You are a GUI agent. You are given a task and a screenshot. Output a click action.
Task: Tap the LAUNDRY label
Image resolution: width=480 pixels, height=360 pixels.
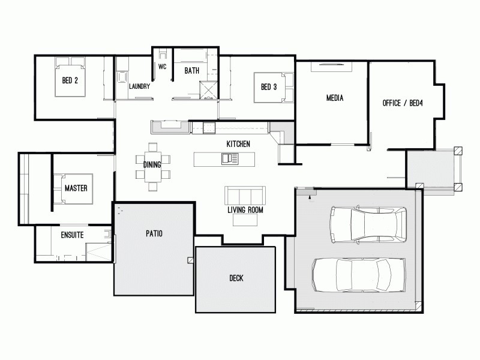click(139, 86)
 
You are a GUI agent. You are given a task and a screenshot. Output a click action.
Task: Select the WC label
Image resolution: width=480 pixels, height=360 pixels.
click(162, 67)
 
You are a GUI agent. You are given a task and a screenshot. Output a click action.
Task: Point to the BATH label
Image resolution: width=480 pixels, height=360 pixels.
click(191, 71)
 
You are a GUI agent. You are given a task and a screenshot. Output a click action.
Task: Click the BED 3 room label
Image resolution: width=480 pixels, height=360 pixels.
click(268, 87)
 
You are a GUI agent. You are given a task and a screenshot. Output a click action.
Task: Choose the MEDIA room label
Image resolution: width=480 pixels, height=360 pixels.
click(334, 98)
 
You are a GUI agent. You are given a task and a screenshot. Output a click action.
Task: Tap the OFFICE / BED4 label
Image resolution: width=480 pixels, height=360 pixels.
click(403, 103)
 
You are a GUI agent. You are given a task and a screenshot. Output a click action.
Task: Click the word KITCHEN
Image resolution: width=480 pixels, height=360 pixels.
click(238, 144)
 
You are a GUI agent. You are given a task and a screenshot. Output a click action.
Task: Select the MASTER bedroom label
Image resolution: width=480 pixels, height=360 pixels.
click(76, 188)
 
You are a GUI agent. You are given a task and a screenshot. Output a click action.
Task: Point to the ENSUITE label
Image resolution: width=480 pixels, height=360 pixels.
click(71, 235)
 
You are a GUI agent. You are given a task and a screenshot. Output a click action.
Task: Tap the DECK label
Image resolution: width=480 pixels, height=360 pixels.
click(236, 278)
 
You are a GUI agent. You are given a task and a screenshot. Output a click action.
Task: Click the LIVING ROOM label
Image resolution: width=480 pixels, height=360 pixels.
click(245, 210)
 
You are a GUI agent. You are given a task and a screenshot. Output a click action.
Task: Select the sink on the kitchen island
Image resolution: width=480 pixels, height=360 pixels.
click(229, 158)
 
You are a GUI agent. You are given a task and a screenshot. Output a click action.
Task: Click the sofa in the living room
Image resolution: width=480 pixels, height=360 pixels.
click(245, 196)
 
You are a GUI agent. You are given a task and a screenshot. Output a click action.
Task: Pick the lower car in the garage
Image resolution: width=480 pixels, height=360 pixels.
click(358, 275)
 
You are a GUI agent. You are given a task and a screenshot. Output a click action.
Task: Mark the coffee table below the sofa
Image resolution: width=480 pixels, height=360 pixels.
click(246, 220)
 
